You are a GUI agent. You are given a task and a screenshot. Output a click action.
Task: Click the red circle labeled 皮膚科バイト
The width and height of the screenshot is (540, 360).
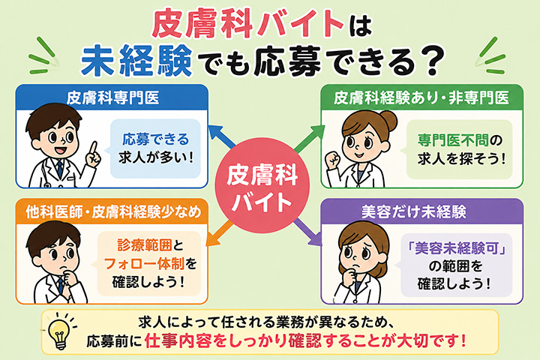coord(262,186)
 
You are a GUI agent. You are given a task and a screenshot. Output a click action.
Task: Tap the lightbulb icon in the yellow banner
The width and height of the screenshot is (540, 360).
coord(59,331)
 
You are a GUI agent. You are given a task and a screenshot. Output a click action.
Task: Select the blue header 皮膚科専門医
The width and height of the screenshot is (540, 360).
coord(112,97)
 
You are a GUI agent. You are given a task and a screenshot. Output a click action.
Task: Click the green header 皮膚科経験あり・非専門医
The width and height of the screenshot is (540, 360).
coord(421,97)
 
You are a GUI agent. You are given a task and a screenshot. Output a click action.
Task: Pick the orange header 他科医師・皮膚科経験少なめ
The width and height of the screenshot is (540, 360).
coord(112,211)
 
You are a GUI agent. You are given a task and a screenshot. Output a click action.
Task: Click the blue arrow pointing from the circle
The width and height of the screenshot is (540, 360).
coord(221,136)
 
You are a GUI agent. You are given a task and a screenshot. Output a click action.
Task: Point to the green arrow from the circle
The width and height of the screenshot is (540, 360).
coord(309,139)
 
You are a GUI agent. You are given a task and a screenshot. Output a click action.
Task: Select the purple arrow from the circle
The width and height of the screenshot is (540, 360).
coord(307,232)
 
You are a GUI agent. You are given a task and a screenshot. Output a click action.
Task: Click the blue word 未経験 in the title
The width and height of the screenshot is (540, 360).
coord(136,61)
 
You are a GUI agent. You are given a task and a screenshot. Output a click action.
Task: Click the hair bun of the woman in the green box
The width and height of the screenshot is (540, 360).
coord(388,121)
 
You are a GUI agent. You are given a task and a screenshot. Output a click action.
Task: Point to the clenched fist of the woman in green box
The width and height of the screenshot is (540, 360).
coord(333,160)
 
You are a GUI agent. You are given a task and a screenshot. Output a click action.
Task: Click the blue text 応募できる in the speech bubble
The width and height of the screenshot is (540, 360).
coord(156,139)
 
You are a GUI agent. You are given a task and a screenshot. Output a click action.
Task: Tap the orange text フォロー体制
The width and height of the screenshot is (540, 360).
coord(144,263)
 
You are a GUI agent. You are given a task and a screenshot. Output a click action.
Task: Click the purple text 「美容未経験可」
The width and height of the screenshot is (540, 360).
coord(457,247)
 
